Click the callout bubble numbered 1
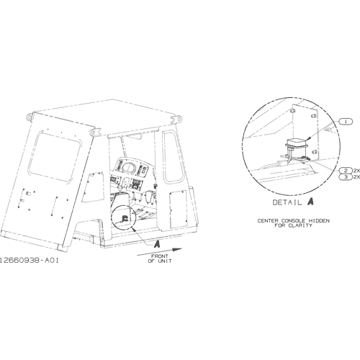click(346, 122)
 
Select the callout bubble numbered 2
click(346, 171)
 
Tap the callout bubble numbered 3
click(346, 177)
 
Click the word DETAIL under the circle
click(287, 202)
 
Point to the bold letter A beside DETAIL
click(310, 202)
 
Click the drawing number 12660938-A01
click(29, 261)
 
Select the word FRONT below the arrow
click(160, 256)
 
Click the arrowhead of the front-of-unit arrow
click(177, 250)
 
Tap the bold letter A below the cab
click(157, 244)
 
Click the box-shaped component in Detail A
click(297, 142)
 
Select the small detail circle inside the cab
click(124, 218)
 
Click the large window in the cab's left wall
click(55, 157)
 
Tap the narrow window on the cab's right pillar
click(172, 157)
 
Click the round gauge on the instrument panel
click(128, 167)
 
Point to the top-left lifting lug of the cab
click(30, 117)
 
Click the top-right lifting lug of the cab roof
click(176, 119)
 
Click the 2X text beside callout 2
click(356, 171)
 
